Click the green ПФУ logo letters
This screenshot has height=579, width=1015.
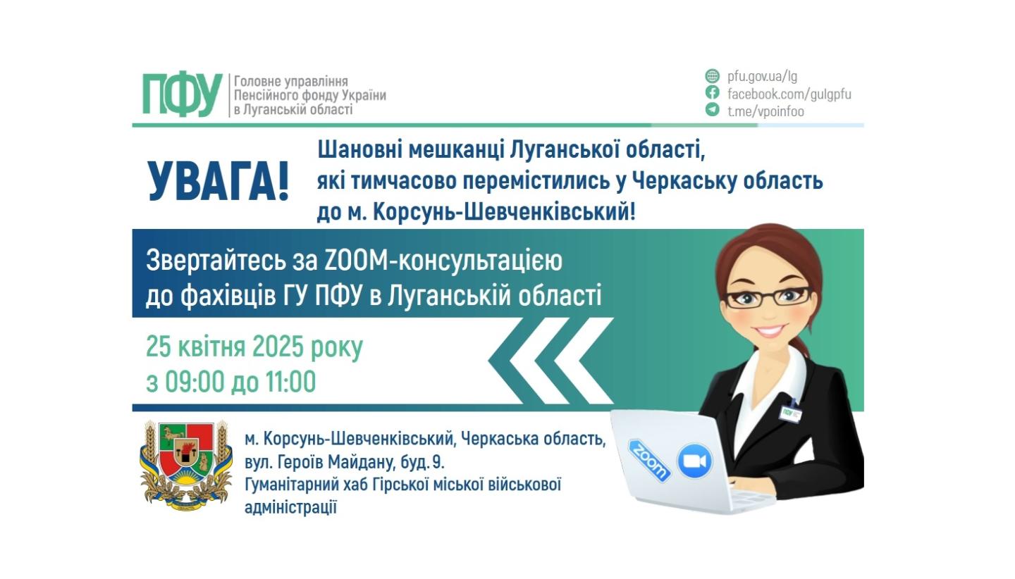(183, 94)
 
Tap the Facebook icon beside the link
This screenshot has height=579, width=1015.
(713, 93)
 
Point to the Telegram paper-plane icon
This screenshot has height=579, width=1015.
(713, 110)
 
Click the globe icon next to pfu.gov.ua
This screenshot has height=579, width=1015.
(713, 76)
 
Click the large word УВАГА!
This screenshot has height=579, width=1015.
(219, 182)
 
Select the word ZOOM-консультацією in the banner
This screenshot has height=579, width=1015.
(444, 261)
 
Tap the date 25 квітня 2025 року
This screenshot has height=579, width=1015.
(254, 347)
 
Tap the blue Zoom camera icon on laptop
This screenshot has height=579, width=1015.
(695, 461)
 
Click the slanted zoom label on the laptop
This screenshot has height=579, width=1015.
(648, 461)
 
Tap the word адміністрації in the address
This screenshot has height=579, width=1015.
(290, 507)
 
